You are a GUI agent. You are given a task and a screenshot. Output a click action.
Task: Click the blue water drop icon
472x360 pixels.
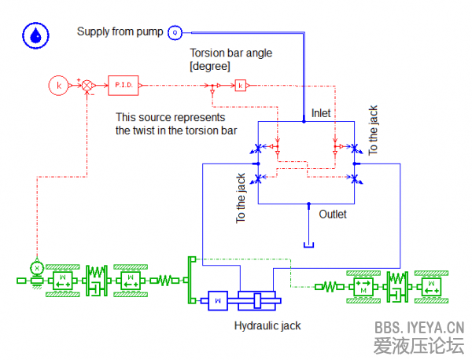(x=35, y=35)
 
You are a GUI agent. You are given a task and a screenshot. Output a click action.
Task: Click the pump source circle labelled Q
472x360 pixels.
(x=175, y=32)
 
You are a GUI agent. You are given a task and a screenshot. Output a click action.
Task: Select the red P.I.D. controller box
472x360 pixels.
(x=122, y=84)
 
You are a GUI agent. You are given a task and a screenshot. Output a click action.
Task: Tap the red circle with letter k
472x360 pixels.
(x=57, y=84)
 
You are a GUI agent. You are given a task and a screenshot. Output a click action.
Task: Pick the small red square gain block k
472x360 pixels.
(x=241, y=84)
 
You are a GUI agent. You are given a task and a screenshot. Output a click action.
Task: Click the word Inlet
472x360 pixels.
(x=321, y=113)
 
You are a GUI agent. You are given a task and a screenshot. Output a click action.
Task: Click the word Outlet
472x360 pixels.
(x=333, y=213)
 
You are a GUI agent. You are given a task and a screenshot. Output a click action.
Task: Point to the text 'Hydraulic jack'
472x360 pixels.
(x=267, y=325)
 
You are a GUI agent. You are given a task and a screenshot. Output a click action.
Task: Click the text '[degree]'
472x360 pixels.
(x=210, y=67)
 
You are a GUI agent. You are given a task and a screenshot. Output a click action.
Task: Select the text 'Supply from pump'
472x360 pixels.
(x=120, y=32)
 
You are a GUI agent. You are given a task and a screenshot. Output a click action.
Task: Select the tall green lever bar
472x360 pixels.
(x=190, y=279)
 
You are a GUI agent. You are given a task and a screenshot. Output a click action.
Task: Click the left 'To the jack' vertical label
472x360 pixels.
(x=242, y=198)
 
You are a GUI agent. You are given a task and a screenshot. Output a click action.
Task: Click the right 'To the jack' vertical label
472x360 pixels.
(x=374, y=130)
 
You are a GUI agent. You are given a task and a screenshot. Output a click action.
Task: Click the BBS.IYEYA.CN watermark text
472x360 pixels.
(x=419, y=327)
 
